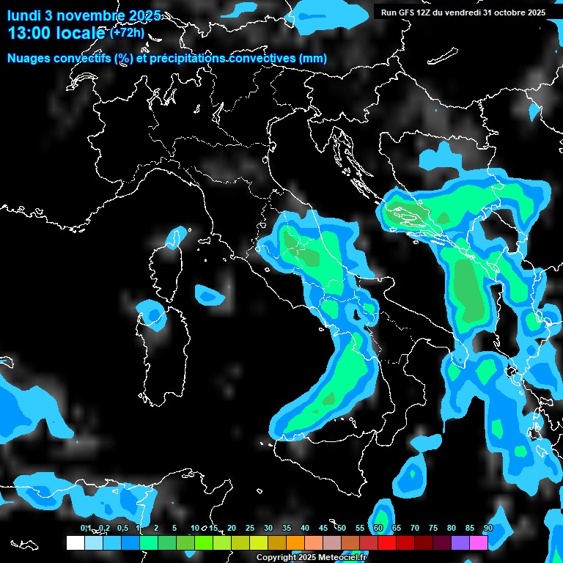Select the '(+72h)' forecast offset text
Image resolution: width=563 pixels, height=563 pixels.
[127, 33]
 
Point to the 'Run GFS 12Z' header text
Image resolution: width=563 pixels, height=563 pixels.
[411, 12]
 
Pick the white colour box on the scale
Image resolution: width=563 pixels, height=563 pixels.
[75, 542]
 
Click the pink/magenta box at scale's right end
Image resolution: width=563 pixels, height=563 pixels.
[479, 542]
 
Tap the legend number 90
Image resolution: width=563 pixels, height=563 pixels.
[487, 529]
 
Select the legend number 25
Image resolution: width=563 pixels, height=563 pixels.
[249, 529]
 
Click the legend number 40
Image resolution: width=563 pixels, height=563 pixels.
[304, 529]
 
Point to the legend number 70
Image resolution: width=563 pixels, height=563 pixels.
[414, 529]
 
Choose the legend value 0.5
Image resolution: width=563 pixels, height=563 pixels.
[122, 529]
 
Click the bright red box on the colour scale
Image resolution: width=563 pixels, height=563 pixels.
[387, 542]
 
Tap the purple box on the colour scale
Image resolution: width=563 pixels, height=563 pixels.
[460, 542]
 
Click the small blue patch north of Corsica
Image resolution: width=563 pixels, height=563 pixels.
[174, 238]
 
